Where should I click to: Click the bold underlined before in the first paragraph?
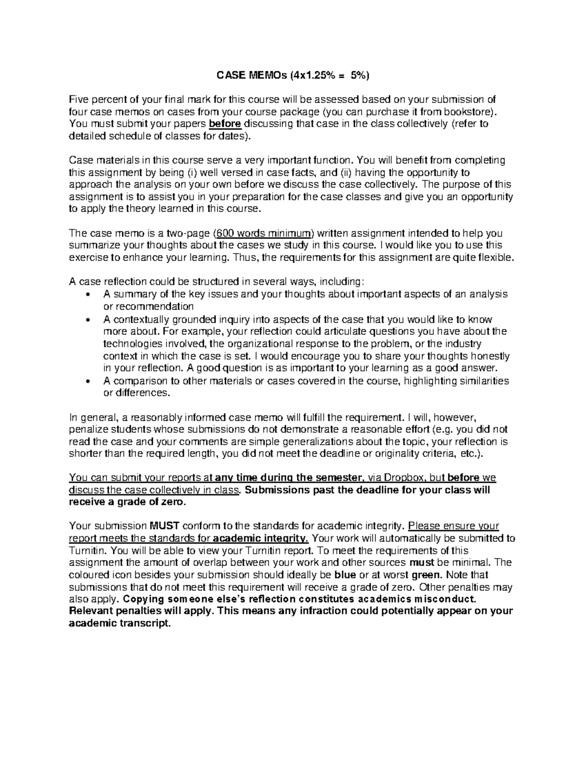point(225,124)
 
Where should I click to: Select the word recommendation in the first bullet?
point(148,306)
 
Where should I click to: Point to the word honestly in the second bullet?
point(492,356)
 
